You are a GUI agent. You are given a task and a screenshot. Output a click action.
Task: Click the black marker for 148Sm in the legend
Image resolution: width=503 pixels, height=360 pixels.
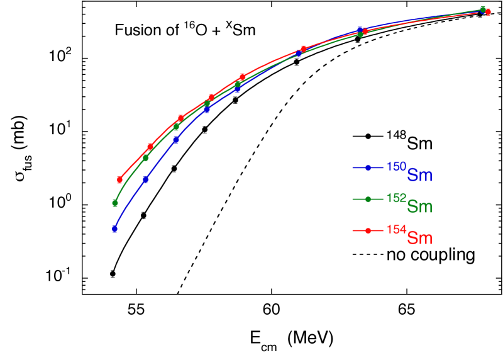[x=368, y=136]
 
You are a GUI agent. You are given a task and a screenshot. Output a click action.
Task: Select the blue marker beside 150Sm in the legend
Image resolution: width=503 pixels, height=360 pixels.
[x=368, y=167]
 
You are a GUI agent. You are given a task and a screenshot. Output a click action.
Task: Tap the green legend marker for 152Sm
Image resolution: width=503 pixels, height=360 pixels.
[x=368, y=199]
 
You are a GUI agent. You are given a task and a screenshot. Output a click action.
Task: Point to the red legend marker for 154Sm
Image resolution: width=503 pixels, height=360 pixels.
[x=368, y=230]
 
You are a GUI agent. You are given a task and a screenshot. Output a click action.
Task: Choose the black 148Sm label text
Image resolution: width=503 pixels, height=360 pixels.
[x=409, y=142]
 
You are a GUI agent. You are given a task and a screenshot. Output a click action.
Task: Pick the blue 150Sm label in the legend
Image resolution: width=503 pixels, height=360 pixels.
[x=409, y=173]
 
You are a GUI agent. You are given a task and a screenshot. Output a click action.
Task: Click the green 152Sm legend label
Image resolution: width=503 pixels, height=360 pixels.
[x=409, y=205]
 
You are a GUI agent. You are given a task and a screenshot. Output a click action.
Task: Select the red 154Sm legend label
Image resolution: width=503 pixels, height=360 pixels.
[x=409, y=236]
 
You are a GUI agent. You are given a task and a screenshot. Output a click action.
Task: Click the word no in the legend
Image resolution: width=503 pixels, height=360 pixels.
[x=395, y=255]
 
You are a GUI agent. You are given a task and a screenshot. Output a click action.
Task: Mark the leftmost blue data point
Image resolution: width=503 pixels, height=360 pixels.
[x=115, y=228]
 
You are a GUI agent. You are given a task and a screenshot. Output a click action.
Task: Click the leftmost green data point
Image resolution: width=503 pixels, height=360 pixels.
[x=115, y=203]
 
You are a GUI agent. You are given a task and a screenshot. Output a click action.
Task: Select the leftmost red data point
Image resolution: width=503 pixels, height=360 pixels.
[x=119, y=180]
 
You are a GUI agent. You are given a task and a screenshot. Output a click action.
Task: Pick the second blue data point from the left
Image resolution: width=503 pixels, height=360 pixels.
[x=146, y=179]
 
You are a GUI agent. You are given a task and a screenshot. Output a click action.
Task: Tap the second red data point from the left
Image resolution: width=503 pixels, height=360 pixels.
[x=150, y=147]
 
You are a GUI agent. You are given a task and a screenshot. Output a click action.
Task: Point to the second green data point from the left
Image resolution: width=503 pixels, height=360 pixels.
[x=146, y=158]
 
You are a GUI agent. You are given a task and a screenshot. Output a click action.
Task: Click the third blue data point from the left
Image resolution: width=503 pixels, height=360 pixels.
[x=176, y=140]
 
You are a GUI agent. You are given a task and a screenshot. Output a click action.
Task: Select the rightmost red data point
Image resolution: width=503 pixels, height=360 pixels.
[x=488, y=12]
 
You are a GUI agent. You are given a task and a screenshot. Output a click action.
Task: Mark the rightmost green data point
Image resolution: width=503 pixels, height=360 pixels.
[x=483, y=9]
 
